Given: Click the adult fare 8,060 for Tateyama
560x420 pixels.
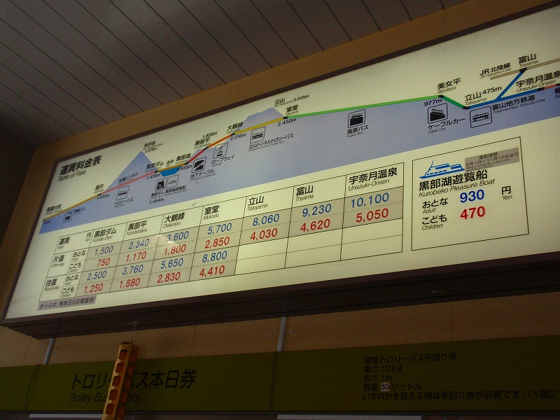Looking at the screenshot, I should click(x=265, y=220).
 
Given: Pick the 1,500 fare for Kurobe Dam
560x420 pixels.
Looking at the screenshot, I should click(x=103, y=250).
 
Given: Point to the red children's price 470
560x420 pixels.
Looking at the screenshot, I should click(x=472, y=213).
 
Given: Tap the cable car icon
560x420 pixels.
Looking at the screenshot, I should click(x=437, y=115).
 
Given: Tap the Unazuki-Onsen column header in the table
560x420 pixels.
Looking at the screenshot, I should click(x=372, y=184).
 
